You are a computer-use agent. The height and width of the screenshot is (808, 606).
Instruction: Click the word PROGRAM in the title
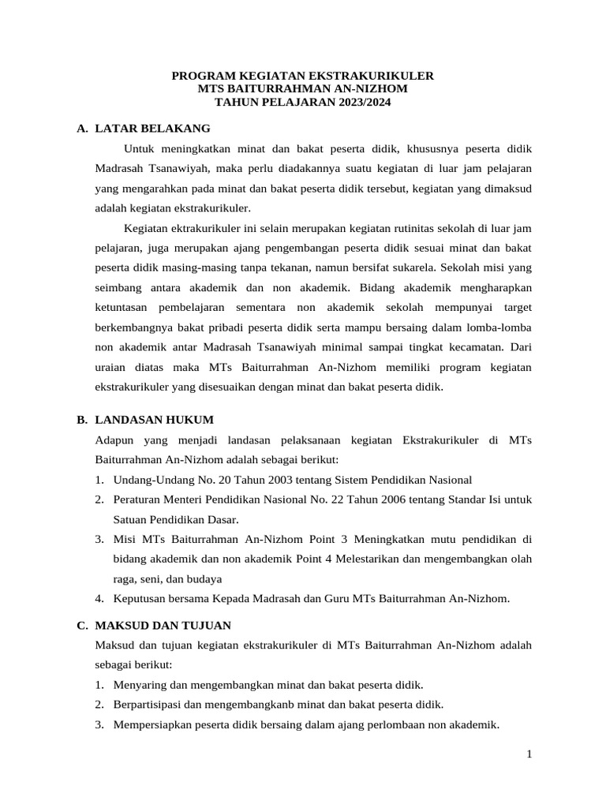[201, 76]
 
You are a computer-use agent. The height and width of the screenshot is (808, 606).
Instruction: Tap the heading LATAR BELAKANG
[152, 128]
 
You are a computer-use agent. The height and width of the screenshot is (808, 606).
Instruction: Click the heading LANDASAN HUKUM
[154, 419]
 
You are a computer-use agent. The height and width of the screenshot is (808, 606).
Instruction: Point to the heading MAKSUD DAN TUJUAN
[163, 625]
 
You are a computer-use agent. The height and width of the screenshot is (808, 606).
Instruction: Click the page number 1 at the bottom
[530, 755]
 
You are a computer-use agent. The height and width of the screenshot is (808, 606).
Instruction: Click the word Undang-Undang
[150, 480]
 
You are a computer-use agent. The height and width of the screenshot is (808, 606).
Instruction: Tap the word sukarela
[410, 266]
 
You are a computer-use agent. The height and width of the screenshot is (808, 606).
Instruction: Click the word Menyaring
[140, 684]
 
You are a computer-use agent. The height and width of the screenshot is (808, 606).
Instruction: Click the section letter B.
[81, 419]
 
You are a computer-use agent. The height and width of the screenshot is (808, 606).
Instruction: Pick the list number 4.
[100, 598]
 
